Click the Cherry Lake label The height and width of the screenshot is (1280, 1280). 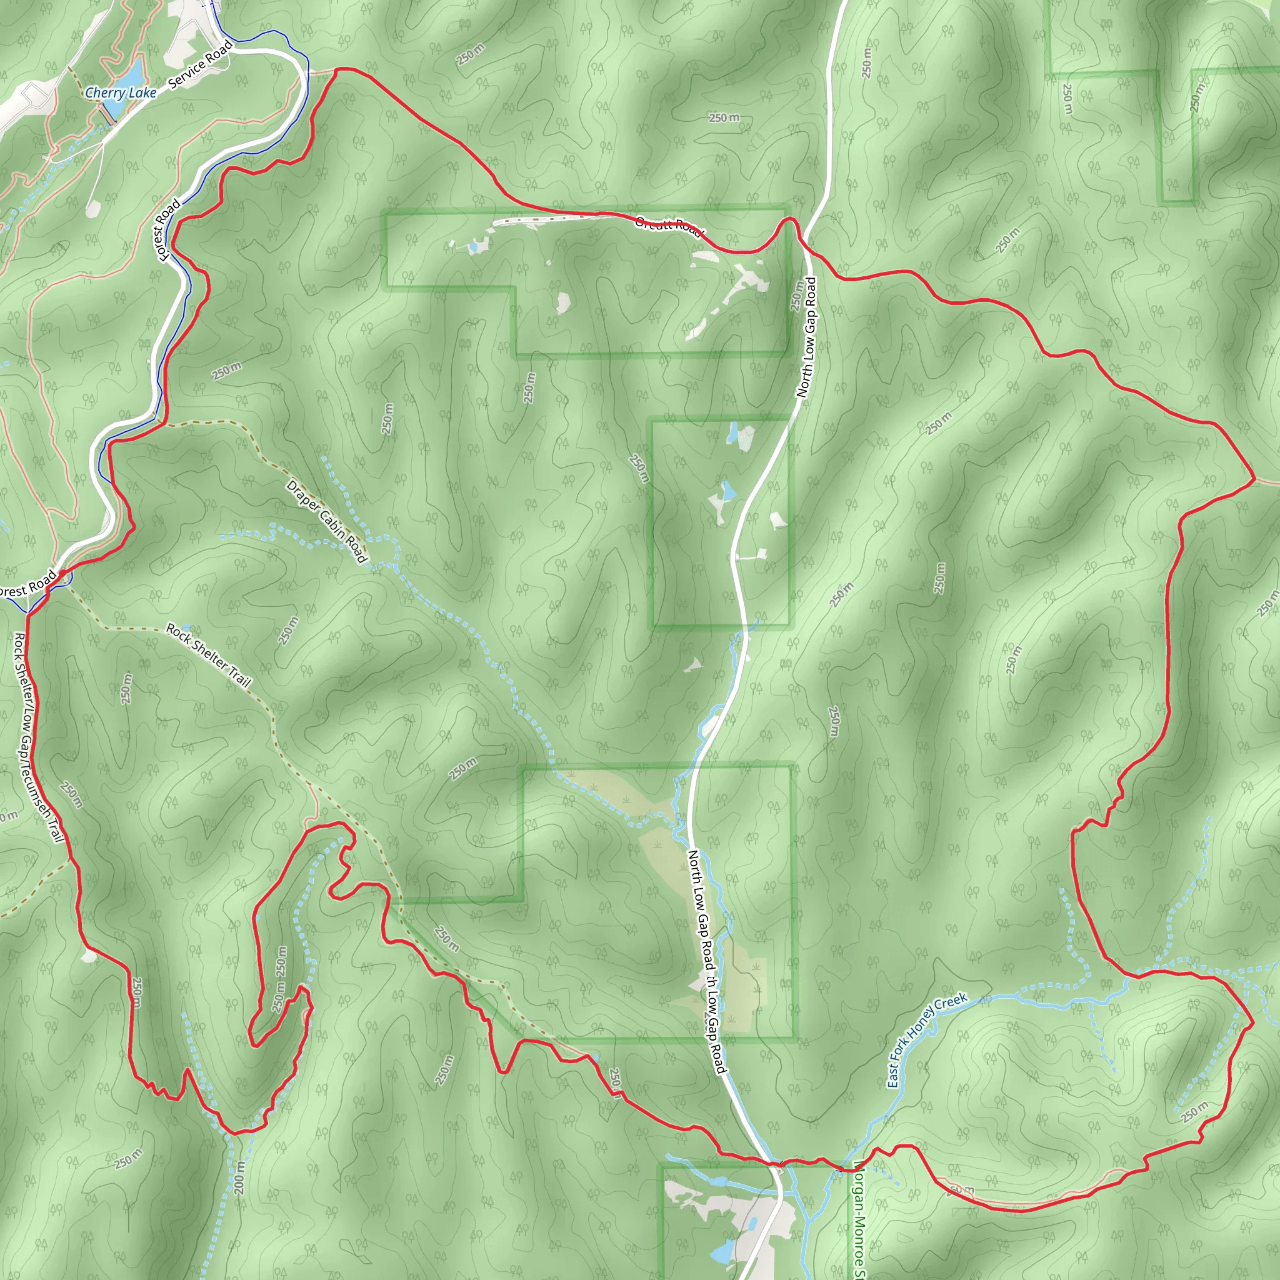pyautogui.click(x=121, y=92)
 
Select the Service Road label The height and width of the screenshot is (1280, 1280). pyautogui.click(x=201, y=64)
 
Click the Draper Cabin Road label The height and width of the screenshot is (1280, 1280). pyautogui.click(x=326, y=522)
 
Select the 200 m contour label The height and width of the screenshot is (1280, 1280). pyautogui.click(x=240, y=1177)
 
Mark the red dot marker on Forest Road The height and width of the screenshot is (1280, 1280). pyautogui.click(x=62, y=572)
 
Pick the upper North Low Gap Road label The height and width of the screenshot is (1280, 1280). pyautogui.click(x=806, y=337)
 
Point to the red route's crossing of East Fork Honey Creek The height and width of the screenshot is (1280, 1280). pyautogui.click(x=841, y=1169)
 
